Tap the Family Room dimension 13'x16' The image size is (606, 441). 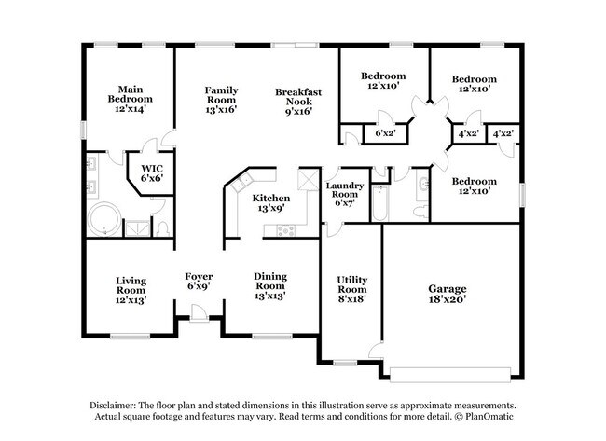click(221, 108)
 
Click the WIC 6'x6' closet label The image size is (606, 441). click(152, 173)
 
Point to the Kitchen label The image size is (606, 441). click(271, 199)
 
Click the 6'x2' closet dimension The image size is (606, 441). click(384, 133)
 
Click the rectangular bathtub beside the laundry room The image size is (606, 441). click(379, 203)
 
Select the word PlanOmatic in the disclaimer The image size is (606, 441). click(489, 417)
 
